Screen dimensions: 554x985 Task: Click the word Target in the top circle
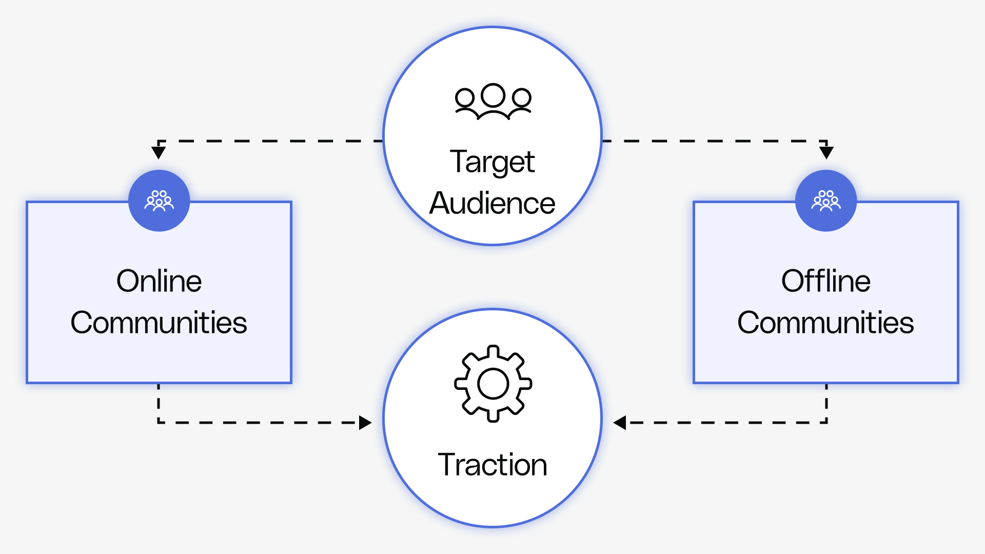click(x=492, y=162)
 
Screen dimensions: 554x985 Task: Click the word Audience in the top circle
click(x=492, y=203)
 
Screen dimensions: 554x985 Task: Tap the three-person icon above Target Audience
click(x=493, y=102)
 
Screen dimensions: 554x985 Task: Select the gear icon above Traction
click(x=493, y=384)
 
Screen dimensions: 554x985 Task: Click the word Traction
click(x=492, y=465)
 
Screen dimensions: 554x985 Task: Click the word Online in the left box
click(x=159, y=281)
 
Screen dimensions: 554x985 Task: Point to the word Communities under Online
click(x=159, y=323)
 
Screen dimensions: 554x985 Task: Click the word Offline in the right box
click(x=825, y=281)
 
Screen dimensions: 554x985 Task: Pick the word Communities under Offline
click(x=825, y=323)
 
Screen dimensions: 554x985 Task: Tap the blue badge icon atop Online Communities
click(x=159, y=201)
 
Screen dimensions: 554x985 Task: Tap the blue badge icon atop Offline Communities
click(x=826, y=201)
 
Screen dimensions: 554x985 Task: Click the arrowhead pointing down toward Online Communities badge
click(x=159, y=152)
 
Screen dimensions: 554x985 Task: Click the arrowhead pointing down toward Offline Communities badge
click(x=826, y=152)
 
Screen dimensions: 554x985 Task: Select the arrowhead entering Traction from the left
click(x=365, y=423)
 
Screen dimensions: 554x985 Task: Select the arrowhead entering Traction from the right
click(x=620, y=423)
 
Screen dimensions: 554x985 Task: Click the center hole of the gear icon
click(x=493, y=384)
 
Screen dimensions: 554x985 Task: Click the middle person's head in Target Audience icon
click(x=493, y=95)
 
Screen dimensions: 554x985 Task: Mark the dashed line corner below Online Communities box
click(x=159, y=423)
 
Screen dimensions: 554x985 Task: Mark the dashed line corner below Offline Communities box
click(x=826, y=423)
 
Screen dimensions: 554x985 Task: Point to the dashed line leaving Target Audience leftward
click(x=272, y=141)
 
